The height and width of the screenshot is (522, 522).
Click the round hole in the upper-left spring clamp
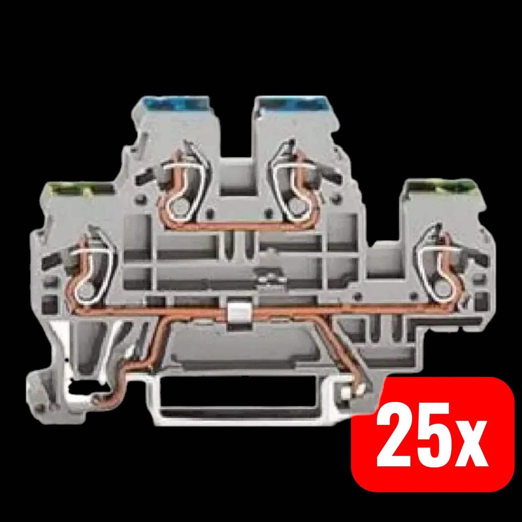178,209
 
